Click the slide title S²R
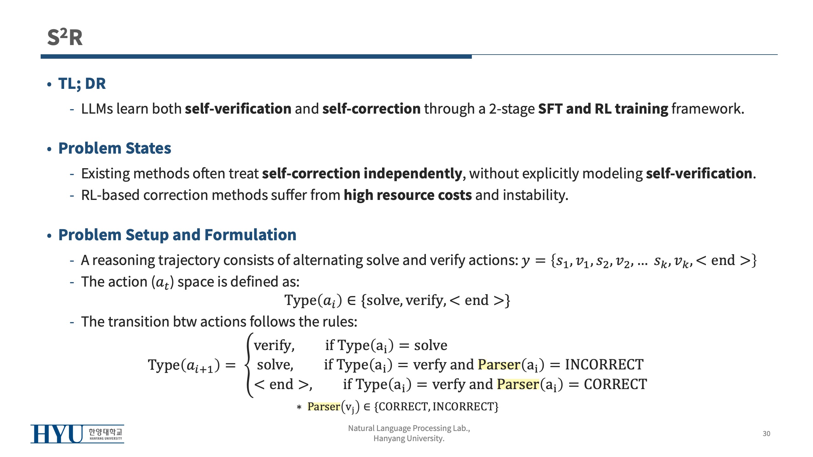point(65,37)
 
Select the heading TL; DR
point(82,83)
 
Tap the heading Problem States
point(115,148)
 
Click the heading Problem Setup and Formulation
point(177,235)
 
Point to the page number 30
point(766,434)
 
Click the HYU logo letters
point(57,434)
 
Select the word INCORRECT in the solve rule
point(604,365)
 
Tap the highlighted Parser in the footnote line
point(324,407)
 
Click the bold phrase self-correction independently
point(362,174)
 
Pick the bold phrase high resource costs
point(408,195)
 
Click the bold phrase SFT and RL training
point(603,109)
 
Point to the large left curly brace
point(250,365)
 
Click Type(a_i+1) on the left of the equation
point(184,365)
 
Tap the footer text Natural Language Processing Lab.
point(409,428)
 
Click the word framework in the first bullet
point(708,109)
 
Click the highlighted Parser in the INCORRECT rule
point(499,365)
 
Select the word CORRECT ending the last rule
point(615,384)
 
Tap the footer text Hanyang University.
point(409,438)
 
